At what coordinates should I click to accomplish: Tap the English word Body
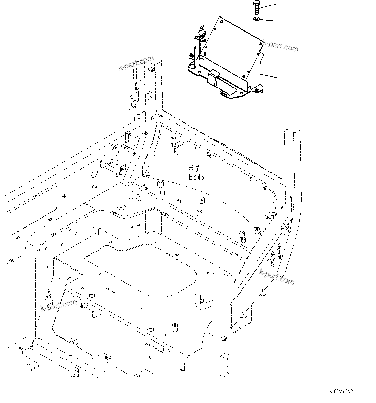[x=197, y=177]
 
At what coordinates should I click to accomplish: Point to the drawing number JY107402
[x=342, y=391]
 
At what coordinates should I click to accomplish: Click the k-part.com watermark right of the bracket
[x=280, y=46]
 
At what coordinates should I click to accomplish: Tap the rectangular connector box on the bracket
[x=213, y=78]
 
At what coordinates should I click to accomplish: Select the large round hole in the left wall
[x=94, y=174]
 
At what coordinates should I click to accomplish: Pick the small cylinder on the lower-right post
[x=223, y=339]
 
